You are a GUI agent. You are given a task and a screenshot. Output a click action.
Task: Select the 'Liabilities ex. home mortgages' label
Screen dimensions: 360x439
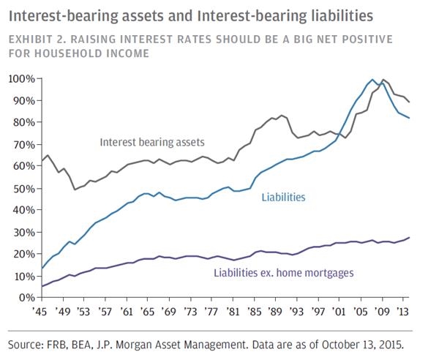tap(283, 272)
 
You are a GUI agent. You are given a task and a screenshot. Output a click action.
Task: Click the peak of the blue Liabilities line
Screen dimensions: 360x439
tap(372, 79)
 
